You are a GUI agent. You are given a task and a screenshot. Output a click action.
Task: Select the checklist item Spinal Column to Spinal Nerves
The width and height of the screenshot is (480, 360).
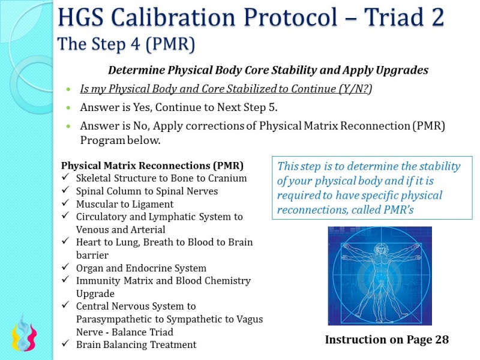pos(146,191)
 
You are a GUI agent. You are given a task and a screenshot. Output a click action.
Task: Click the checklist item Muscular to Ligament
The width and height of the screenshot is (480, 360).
pos(123,204)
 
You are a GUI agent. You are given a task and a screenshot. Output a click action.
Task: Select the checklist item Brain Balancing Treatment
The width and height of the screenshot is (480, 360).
pos(136,344)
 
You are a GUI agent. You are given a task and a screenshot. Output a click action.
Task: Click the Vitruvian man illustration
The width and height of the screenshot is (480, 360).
pos(380,275)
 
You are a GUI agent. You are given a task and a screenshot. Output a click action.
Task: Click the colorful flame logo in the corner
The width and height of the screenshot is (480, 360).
pos(24,335)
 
